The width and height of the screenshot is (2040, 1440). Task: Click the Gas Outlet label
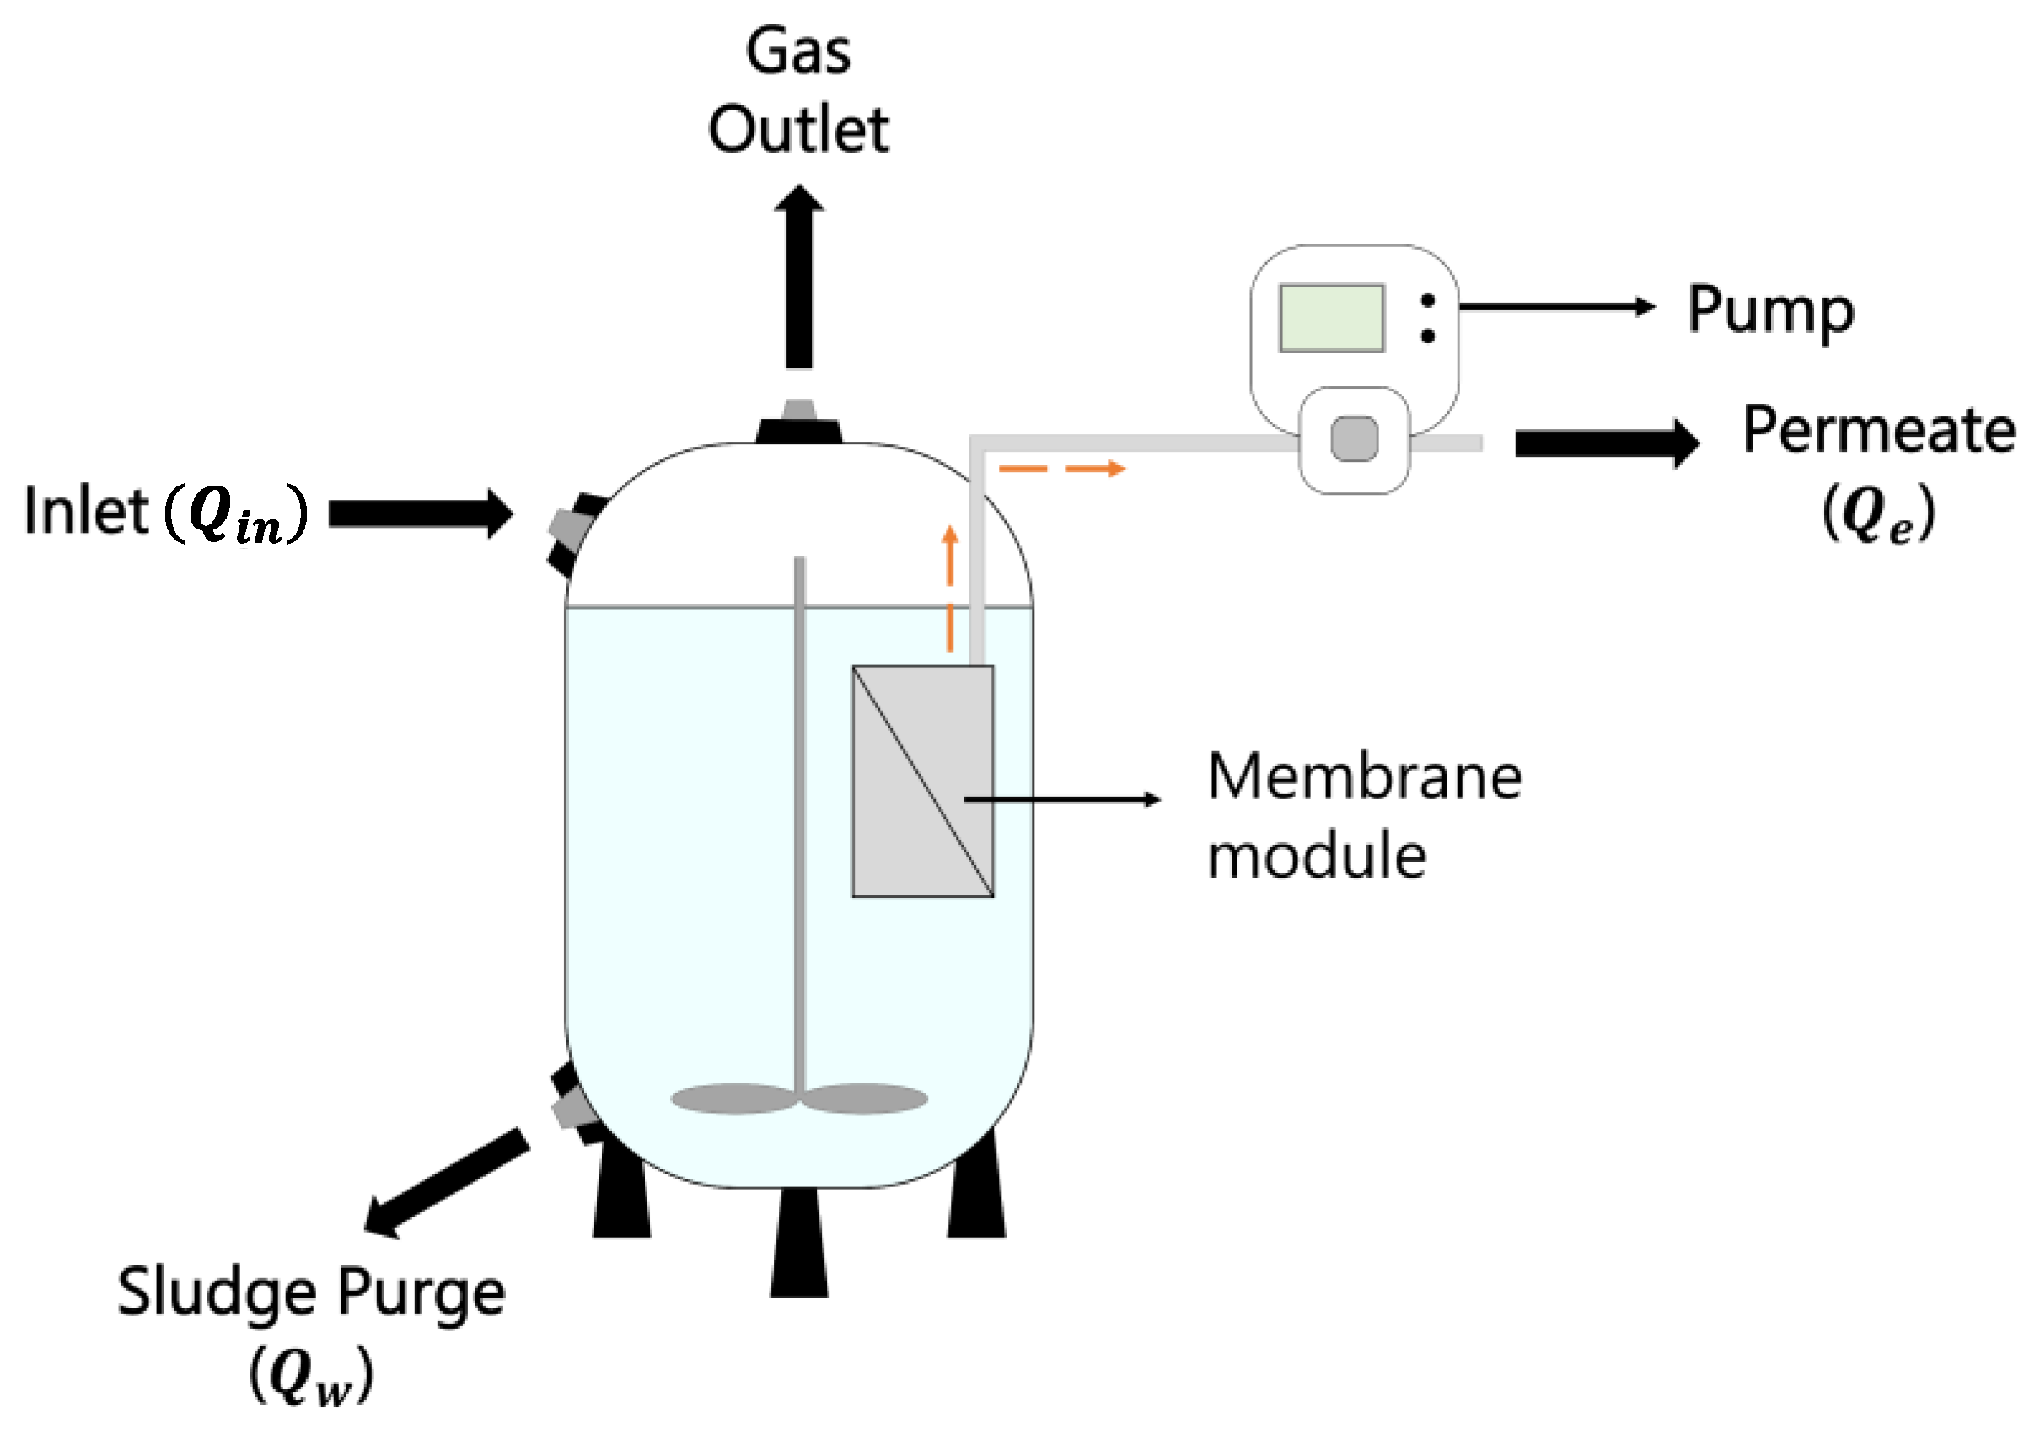(797, 91)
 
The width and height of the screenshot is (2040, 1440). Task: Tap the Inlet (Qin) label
(165, 513)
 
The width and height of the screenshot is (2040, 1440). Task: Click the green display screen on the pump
(1331, 318)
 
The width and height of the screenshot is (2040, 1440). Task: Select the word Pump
(1770, 310)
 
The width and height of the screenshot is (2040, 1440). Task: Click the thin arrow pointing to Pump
(1555, 307)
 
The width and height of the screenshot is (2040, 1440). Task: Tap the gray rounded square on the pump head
(1354, 439)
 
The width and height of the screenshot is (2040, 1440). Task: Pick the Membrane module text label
(1363, 816)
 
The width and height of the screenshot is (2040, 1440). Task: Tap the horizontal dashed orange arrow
(1062, 469)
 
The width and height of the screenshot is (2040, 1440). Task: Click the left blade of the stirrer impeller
(733, 1099)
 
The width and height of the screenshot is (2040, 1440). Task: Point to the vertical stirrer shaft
(800, 800)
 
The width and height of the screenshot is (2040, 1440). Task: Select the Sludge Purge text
(311, 1292)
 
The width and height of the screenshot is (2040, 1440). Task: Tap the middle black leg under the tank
(799, 1244)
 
